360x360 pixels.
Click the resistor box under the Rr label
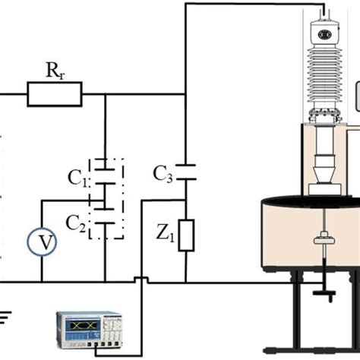(54, 96)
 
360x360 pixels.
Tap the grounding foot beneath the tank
(324, 292)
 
